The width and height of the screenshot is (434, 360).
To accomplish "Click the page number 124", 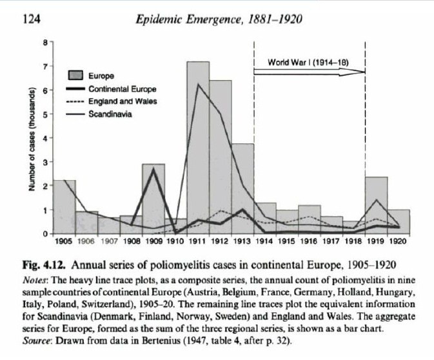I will [x=32, y=19].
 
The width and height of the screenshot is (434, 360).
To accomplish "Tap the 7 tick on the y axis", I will [x=44, y=66].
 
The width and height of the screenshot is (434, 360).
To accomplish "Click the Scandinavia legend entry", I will [x=110, y=114].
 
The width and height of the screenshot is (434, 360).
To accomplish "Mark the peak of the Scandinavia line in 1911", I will [x=199, y=85].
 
